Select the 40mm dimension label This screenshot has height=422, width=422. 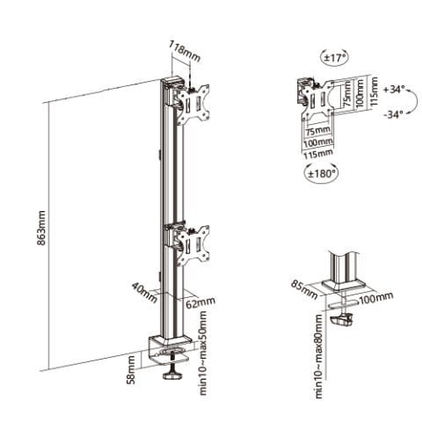(x=141, y=288)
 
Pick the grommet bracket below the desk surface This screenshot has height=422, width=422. (x=349, y=317)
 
